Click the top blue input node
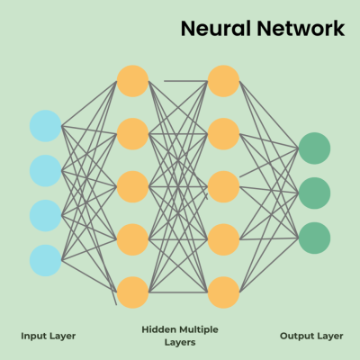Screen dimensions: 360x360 coord(46,126)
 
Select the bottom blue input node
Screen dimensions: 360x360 coord(46,260)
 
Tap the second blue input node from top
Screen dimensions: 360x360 coord(46,171)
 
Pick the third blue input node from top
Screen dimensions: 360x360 coord(46,215)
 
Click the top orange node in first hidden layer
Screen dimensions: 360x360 coord(132,81)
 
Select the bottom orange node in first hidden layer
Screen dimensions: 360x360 coord(132,292)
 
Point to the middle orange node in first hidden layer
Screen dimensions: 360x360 coord(132,186)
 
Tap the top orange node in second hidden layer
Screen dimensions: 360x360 coord(223,81)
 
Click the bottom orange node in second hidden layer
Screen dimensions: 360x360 coord(223,292)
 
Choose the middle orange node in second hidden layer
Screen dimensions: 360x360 coord(223,186)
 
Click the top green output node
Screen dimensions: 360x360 coord(314,148)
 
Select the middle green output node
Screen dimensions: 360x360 coord(314,193)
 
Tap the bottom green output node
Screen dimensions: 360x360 coord(314,238)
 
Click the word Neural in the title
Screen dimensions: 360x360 coord(216,29)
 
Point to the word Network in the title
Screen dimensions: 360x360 coord(301,29)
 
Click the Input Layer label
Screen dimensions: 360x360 coord(49,337)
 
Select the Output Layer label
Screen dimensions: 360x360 coord(311,337)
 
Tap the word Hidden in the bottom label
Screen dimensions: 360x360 coord(159,329)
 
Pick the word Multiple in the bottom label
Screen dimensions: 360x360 coord(199,330)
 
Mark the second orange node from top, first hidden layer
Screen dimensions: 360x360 coord(132,134)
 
